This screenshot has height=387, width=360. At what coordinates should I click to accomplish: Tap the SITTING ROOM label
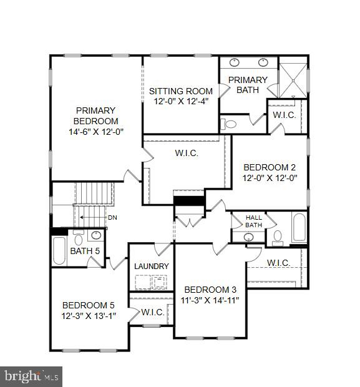click(x=180, y=91)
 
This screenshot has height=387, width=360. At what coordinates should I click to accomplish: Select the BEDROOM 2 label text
click(x=270, y=167)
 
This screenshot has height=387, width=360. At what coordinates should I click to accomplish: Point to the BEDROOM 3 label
click(x=210, y=290)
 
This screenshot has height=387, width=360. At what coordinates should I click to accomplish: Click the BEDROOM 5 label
click(x=89, y=305)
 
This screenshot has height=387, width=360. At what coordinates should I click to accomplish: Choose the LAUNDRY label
click(x=152, y=267)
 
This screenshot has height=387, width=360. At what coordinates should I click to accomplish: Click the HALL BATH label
click(x=253, y=221)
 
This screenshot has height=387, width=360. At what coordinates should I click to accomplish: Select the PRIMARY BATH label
click(x=248, y=85)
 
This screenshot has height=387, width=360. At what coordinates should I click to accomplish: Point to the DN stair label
click(x=112, y=218)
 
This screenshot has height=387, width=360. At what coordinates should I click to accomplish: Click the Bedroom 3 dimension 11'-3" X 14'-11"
click(x=210, y=300)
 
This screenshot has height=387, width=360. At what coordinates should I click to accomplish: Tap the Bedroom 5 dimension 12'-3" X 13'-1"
click(x=89, y=316)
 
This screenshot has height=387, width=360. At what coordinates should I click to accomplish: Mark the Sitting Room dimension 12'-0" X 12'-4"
click(x=180, y=102)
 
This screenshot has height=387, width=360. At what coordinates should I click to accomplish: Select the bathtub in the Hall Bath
click(x=299, y=228)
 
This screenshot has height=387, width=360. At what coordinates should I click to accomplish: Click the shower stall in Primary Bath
click(x=293, y=79)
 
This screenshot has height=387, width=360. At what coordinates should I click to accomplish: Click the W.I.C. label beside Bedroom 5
click(x=152, y=312)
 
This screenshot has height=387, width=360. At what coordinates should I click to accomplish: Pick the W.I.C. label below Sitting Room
click(x=187, y=154)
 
